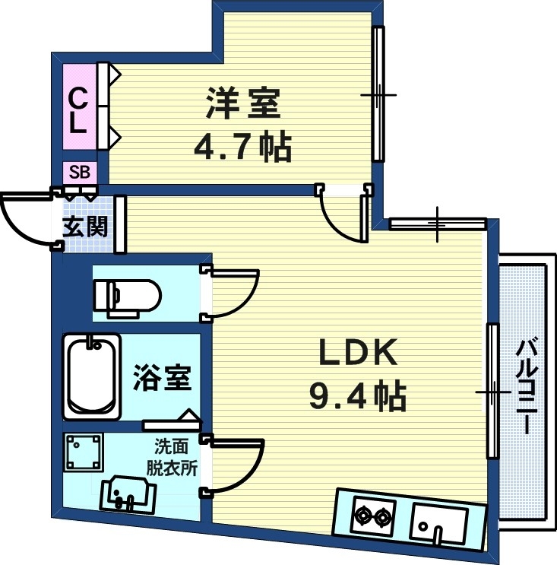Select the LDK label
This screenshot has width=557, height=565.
[x=357, y=354]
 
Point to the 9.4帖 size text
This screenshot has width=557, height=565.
[x=357, y=395]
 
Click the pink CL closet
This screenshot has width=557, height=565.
[x=78, y=110]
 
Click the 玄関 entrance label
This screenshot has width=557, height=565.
[x=84, y=227]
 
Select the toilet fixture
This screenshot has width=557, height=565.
[x=126, y=294]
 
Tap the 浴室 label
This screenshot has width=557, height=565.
[x=163, y=376]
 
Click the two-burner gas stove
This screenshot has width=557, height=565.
[x=372, y=518]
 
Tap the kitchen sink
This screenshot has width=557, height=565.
[x=439, y=520]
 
